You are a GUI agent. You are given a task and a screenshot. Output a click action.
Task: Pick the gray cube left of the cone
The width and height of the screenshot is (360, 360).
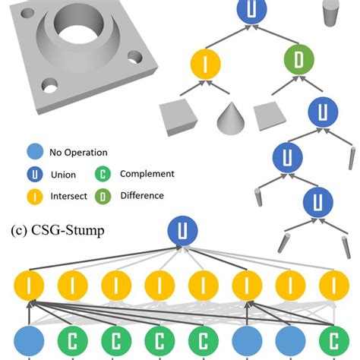pos(178,116)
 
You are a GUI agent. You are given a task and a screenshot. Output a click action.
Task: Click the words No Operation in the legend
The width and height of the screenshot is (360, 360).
pos(79,152)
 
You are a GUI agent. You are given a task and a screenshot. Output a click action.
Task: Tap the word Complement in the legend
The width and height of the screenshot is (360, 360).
pos(147,174)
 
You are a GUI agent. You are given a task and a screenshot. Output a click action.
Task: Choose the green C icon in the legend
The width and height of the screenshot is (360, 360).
pos(103,174)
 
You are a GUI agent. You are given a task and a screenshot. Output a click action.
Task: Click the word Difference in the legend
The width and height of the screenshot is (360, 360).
pos(141,196)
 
